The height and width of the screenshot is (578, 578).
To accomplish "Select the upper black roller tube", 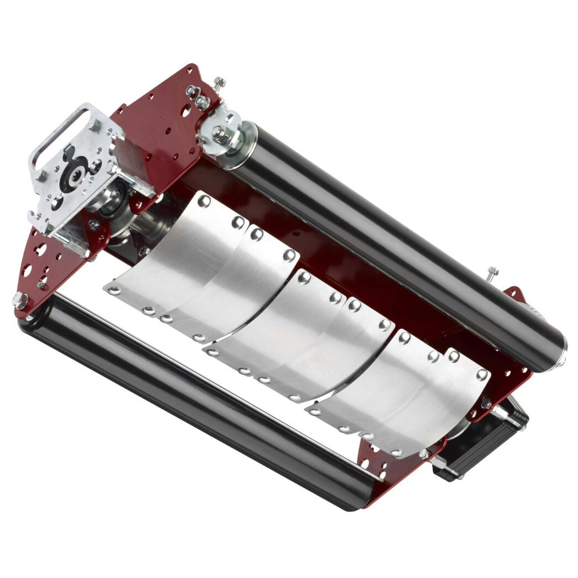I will pos(396,236).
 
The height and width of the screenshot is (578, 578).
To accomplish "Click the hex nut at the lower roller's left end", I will pos(20,300).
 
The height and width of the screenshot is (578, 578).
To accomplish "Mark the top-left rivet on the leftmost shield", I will pos(204,202).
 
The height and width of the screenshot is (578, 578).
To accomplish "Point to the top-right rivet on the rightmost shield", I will pos(482,374).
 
